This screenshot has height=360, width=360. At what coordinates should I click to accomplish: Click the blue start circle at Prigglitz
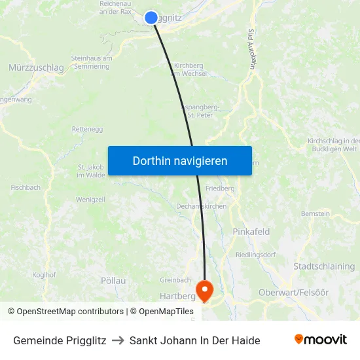tap(151, 18)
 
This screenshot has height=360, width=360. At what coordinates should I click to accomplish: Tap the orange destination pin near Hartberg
tap(204, 290)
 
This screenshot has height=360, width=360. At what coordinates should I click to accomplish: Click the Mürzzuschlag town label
tap(36, 67)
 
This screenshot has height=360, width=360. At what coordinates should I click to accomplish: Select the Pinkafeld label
tap(251, 232)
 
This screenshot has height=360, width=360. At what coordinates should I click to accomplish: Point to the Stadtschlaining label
tap(324, 266)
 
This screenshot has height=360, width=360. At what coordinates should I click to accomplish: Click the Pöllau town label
tap(113, 280)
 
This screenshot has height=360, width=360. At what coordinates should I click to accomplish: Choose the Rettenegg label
tap(87, 129)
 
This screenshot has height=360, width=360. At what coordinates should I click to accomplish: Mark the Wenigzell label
tap(90, 199)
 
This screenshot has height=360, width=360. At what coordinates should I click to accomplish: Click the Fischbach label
tap(26, 187)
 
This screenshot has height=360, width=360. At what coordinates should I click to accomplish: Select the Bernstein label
tap(315, 213)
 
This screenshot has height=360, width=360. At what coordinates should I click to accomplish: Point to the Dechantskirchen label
tap(202, 206)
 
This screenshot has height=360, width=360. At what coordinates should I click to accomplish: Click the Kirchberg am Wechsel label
tap(190, 69)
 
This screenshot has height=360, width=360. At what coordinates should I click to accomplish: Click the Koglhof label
tap(44, 275)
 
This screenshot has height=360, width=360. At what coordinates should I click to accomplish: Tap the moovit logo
tap(321, 340)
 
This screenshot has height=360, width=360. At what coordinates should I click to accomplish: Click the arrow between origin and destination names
tap(118, 340)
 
